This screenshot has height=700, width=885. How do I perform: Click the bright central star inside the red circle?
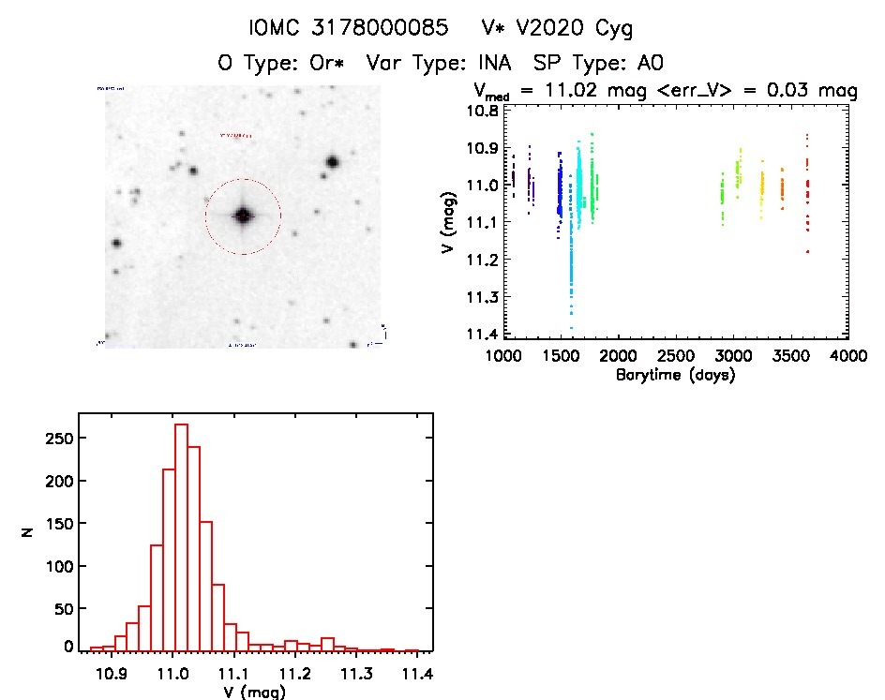pyautogui.click(x=243, y=216)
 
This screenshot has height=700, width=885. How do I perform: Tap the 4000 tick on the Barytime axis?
pyautogui.click(x=848, y=357)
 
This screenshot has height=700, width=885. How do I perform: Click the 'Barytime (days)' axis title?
pyautogui.click(x=675, y=375)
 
